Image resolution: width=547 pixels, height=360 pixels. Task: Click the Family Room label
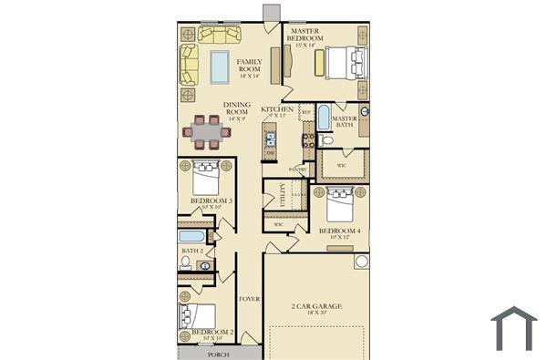250,67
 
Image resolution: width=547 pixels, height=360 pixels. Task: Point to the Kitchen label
276,110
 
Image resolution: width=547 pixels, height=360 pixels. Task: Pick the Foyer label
249,299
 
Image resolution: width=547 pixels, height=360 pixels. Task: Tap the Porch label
218,354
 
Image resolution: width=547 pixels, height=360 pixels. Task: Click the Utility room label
284,193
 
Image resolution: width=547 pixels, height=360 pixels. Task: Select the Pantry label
297,170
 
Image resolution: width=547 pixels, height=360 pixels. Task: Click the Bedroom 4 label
341,232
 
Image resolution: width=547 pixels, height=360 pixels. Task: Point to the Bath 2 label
191,249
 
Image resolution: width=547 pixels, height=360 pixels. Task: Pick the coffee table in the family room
220,67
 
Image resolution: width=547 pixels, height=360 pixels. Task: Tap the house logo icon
513,328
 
